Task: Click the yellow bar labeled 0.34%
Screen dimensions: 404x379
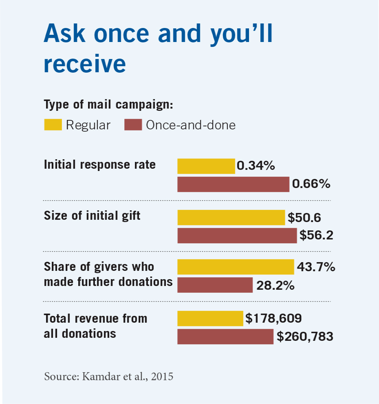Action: click(x=206, y=166)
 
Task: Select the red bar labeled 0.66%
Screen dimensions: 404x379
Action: click(x=233, y=185)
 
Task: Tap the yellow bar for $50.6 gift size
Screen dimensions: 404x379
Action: click(x=231, y=218)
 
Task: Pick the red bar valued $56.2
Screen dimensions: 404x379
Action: click(x=237, y=236)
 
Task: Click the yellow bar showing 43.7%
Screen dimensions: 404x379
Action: click(x=235, y=267)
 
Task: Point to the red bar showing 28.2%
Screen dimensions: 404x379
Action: click(x=215, y=285)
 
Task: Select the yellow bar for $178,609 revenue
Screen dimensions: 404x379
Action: click(x=210, y=319)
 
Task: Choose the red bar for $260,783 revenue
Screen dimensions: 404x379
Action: click(x=225, y=337)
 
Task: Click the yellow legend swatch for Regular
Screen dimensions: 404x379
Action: click(x=53, y=125)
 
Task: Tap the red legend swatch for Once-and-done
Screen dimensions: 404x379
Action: click(x=133, y=125)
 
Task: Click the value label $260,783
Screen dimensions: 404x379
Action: click(x=305, y=337)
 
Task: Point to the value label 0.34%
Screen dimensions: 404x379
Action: click(x=256, y=166)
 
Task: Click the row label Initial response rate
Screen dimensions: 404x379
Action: click(x=100, y=165)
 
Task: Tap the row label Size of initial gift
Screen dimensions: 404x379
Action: click(x=92, y=216)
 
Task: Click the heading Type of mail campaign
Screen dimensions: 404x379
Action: click(x=108, y=104)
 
